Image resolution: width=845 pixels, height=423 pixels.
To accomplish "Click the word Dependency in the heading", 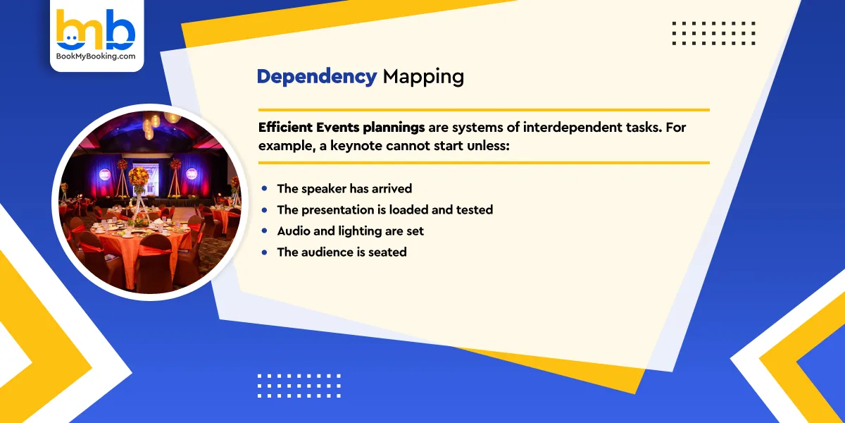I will pos(316,76).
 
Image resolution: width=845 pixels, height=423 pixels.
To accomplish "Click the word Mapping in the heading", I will pos(423,76).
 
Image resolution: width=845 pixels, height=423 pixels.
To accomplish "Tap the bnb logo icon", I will pos(96,30).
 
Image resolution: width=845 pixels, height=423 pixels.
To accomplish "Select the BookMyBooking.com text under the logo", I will pos(96,56).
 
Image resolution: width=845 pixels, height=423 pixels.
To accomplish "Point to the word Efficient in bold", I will pos(284,128).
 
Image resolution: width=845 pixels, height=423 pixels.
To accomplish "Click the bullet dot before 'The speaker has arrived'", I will pos(264,189).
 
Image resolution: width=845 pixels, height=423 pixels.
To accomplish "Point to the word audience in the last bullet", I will pos(328,252).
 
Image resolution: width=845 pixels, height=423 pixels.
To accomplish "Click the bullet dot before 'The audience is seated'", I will pos(264,252).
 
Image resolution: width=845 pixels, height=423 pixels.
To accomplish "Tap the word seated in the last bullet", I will pos(388,252).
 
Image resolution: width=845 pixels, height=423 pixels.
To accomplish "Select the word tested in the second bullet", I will pos(473,210).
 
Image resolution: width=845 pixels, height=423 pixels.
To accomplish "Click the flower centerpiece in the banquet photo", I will pos(138,178).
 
